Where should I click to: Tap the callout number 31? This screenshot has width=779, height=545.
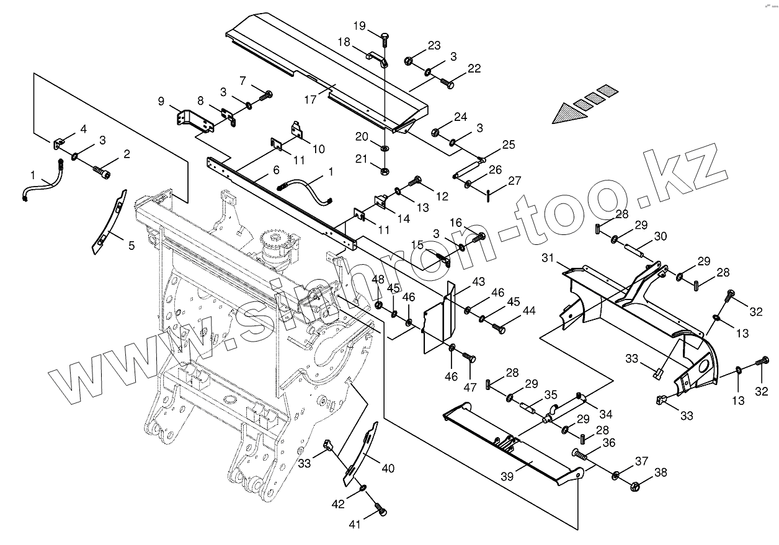click(546, 258)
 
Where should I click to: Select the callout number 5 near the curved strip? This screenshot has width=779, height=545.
click(131, 246)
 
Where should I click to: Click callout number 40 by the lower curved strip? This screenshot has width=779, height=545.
click(388, 469)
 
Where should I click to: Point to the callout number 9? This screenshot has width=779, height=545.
click(161, 100)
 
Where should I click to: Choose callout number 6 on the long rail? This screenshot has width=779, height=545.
click(276, 169)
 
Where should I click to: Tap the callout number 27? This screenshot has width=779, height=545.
click(514, 181)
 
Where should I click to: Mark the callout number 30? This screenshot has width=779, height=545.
click(661, 236)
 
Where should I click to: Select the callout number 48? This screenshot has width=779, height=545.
click(378, 280)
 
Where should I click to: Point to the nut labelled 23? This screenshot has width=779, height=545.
click(409, 61)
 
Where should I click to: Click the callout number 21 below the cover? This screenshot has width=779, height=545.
click(362, 159)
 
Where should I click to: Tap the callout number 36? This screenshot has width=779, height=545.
click(608, 443)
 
